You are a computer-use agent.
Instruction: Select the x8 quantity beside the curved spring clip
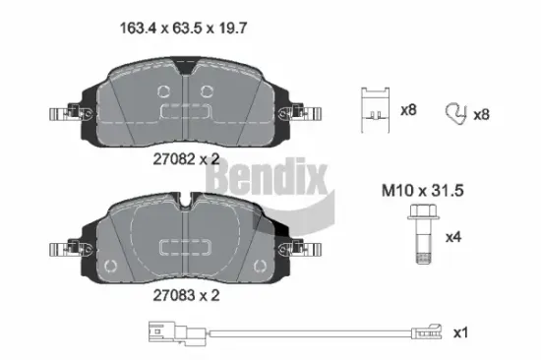[482, 114]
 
